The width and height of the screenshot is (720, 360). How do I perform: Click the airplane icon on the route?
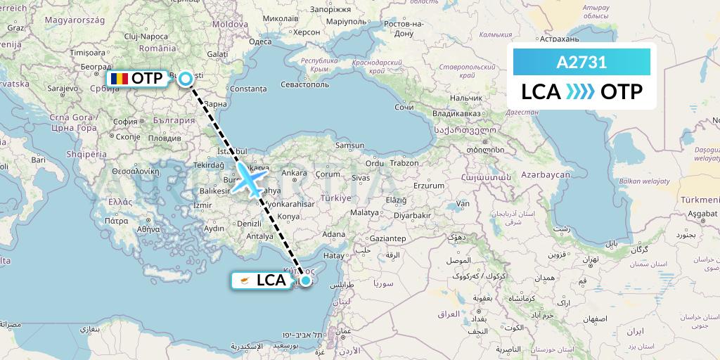[x=250, y=179]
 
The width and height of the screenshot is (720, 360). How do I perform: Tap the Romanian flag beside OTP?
[x=119, y=78]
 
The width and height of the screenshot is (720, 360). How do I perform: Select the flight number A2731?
[x=581, y=63]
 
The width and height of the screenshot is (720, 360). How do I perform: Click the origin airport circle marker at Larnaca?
[x=306, y=280]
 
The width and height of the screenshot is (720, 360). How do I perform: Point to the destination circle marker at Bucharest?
[x=185, y=78]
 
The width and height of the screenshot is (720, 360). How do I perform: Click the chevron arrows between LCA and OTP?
[x=581, y=92]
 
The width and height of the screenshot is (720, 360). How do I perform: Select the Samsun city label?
[x=349, y=146]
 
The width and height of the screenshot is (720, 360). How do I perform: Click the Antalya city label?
[x=259, y=236]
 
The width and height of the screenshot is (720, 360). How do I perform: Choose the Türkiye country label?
[x=337, y=198]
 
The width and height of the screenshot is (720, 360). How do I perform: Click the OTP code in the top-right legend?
[x=622, y=92]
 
